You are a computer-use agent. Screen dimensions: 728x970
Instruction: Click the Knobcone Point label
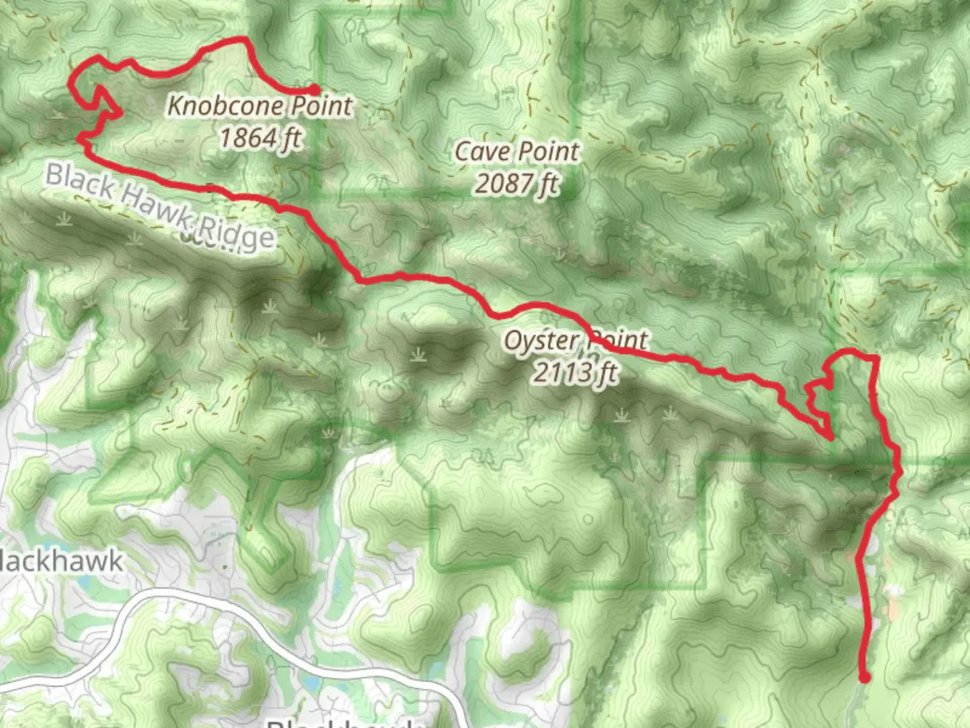pyautogui.click(x=260, y=106)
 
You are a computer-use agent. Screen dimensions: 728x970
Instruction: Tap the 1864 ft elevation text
pyautogui.click(x=260, y=138)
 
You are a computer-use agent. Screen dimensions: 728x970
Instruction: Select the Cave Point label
pyautogui.click(x=517, y=152)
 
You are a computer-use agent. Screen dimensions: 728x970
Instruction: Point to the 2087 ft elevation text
pyautogui.click(x=517, y=183)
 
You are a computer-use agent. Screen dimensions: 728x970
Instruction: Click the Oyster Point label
pyautogui.click(x=577, y=340)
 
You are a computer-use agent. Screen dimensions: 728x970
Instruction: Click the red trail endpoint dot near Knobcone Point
pyautogui.click(x=315, y=89)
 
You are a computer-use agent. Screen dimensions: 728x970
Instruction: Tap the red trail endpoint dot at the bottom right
pyautogui.click(x=864, y=677)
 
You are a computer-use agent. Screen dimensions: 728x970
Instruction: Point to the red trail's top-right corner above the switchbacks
pyautogui.click(x=875, y=357)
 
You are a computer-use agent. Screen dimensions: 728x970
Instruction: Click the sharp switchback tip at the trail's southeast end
pyautogui.click(x=832, y=439)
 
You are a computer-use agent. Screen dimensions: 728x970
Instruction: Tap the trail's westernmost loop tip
pyautogui.click(x=71, y=84)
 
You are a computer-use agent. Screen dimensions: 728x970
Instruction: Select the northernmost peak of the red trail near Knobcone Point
pyautogui.click(x=244, y=38)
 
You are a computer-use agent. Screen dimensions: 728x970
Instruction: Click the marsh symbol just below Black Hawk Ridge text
pyautogui.click(x=132, y=239)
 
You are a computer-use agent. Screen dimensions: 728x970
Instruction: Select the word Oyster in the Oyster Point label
pyautogui.click(x=536, y=340)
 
